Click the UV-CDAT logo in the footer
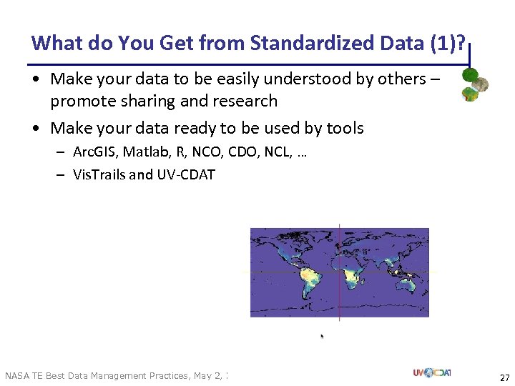(x=431, y=372)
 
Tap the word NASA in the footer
(x=17, y=376)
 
